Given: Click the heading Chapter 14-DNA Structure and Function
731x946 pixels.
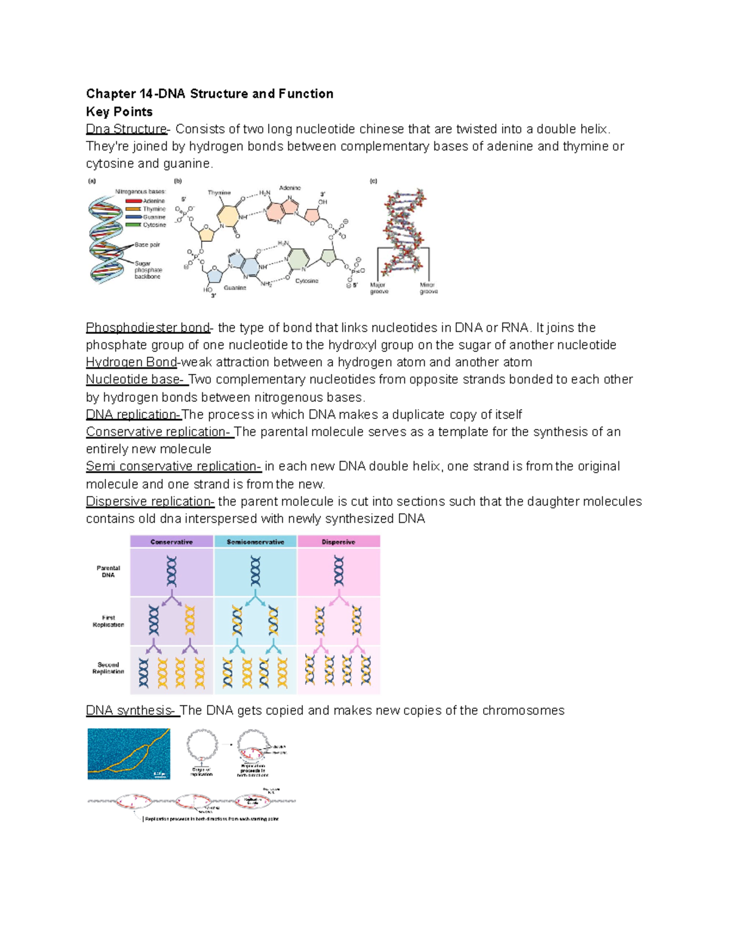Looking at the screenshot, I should (209, 94).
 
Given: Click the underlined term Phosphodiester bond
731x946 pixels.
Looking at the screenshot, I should (148, 328).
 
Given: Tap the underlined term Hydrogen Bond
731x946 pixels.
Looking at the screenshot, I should (131, 362).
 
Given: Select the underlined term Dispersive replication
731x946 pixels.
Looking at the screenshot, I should (150, 501).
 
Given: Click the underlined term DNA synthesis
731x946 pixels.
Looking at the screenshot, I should (131, 710).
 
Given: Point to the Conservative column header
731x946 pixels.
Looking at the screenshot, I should (171, 542).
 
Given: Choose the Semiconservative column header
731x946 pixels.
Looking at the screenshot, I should (255, 542).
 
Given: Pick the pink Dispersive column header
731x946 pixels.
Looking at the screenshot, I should (338, 542).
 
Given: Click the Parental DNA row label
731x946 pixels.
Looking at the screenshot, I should (108, 571).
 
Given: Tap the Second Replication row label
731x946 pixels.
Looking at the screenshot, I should (108, 668).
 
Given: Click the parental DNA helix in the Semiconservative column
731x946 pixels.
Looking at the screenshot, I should (255, 571).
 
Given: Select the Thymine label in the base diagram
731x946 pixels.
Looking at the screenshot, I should (219, 192).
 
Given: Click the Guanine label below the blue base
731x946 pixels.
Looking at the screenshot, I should (235, 288).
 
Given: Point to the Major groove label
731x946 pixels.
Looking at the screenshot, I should (379, 288).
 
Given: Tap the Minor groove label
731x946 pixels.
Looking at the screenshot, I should (428, 288).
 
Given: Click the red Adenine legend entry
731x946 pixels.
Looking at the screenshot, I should (146, 201).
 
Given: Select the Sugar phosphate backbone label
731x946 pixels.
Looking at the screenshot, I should (148, 270).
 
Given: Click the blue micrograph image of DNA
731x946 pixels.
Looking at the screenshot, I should (129, 754).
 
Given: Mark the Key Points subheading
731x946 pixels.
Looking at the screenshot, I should (119, 112).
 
